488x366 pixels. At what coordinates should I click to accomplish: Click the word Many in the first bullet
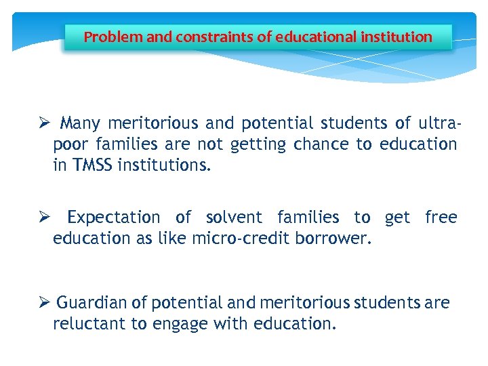pos(79,123)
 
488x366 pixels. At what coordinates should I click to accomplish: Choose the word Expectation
pos(113,218)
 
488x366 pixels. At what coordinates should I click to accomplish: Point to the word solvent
pos(234,218)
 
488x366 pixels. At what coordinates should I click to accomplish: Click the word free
pos(441,218)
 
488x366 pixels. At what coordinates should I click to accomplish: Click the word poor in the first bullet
pos(70,144)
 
